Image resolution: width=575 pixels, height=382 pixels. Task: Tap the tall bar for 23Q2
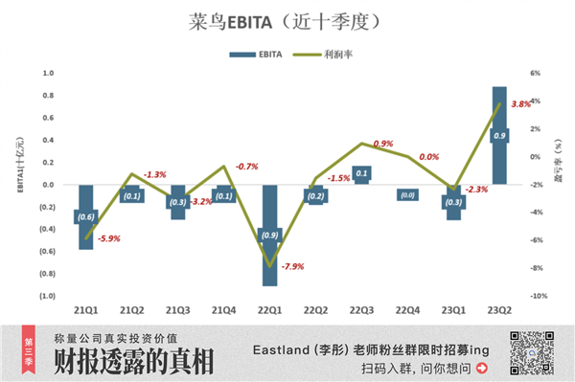pyautogui.click(x=499, y=135)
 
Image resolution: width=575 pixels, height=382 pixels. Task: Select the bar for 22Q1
pyautogui.click(x=269, y=235)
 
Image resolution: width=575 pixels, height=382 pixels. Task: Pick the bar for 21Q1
pyautogui.click(x=86, y=216)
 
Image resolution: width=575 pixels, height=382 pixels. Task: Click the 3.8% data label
pyautogui.click(x=521, y=103)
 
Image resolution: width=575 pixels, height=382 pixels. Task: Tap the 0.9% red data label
pyautogui.click(x=382, y=144)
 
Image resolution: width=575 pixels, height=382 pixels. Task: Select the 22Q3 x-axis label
pyautogui.click(x=361, y=310)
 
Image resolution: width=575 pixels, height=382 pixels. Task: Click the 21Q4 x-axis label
pyautogui.click(x=223, y=310)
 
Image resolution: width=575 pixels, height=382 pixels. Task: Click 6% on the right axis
pyautogui.click(x=536, y=73)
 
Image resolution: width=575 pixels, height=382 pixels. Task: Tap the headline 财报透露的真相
pyautogui.click(x=133, y=363)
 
